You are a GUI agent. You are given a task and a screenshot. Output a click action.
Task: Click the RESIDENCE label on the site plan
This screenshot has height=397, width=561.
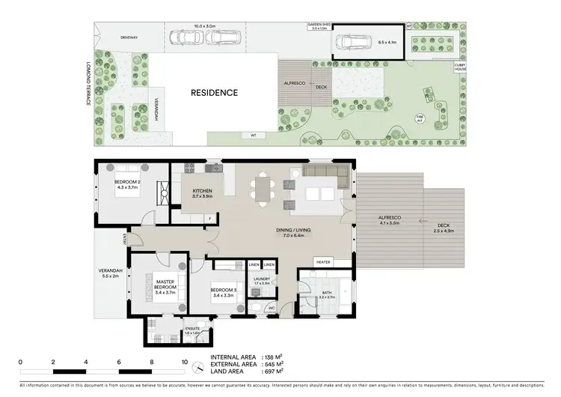pyautogui.click(x=214, y=94)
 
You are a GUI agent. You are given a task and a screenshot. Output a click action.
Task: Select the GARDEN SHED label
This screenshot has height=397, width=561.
pyautogui.click(x=319, y=26)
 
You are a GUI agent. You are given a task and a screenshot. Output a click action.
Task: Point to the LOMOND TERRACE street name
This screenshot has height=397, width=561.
pyautogui.click(x=88, y=83)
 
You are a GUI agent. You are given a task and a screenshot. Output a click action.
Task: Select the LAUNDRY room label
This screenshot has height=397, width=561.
pyautogui.click(x=261, y=281)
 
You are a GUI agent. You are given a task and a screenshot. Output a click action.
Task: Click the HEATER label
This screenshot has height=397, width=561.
pyautogui.click(x=323, y=262)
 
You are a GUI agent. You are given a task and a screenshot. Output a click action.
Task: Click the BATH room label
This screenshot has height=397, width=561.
pyautogui.click(x=327, y=294)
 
